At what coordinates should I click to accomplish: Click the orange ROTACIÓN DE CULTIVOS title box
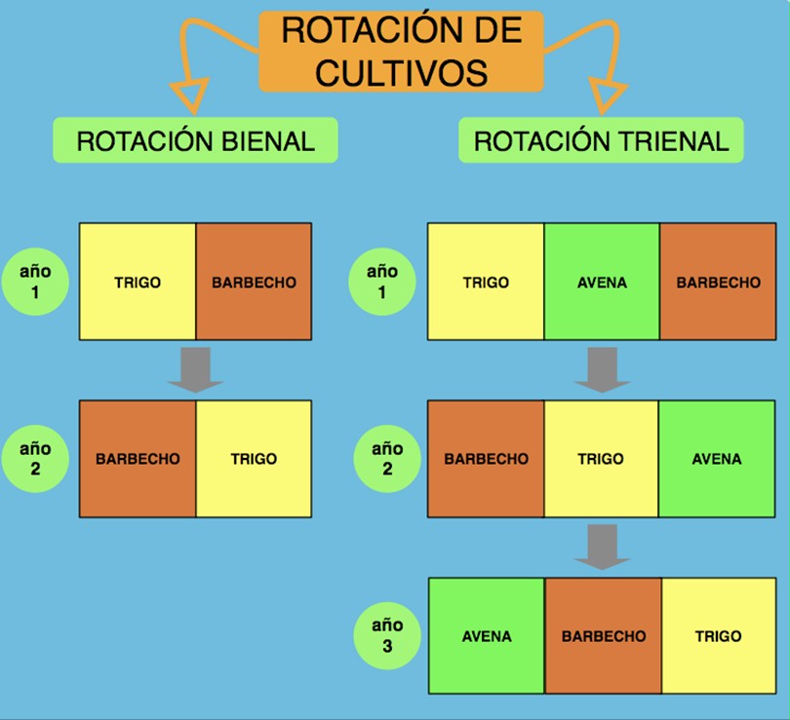399,50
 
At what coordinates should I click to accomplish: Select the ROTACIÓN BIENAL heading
195,140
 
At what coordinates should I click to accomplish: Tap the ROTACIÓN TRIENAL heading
601,140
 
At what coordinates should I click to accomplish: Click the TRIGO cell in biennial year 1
138,283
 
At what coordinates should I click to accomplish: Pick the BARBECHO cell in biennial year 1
254,283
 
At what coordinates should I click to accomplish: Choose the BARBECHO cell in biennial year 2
138,459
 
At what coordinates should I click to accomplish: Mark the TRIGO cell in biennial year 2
254,459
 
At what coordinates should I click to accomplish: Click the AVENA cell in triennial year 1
602,283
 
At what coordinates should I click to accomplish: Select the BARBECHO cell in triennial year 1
718,283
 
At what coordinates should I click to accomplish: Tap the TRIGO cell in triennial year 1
486,283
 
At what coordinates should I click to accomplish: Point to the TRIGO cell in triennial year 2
601,459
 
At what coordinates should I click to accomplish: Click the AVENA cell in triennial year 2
717,459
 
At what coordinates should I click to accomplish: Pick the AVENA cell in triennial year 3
486,636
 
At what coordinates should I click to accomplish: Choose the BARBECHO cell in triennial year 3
603,636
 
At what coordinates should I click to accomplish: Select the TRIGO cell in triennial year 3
718,636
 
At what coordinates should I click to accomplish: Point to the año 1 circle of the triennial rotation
382,282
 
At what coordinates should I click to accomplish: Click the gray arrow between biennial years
195,369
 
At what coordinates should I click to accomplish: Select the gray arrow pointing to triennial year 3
601,547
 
